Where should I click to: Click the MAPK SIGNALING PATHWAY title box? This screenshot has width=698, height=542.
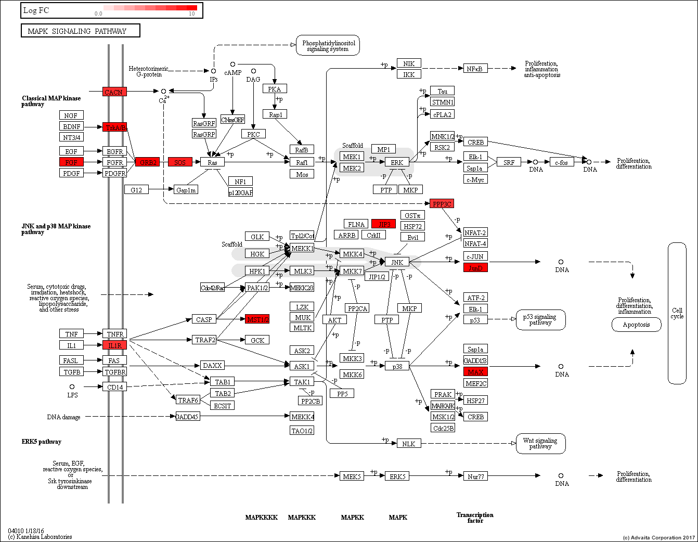click(81, 31)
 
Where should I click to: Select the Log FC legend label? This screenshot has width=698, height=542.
click(36, 10)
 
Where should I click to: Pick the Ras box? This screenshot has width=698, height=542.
click(212, 162)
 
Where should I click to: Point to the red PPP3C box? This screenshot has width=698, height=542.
click(442, 203)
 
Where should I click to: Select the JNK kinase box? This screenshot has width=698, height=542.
click(397, 262)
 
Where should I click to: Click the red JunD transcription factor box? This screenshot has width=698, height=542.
click(475, 267)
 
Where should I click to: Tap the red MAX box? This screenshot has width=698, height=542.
click(475, 371)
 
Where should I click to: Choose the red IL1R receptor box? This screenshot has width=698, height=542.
click(114, 345)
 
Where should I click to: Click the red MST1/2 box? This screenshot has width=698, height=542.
click(257, 319)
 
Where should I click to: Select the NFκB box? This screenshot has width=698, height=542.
click(475, 69)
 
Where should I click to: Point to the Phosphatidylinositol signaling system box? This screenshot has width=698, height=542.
click(328, 46)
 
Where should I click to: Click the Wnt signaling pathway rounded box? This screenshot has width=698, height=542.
click(540, 443)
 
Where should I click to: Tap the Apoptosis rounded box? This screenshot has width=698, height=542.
click(636, 325)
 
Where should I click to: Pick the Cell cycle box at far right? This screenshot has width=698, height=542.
click(677, 313)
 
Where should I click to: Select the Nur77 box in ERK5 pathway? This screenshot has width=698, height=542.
click(475, 476)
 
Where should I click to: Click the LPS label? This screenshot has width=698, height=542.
click(72, 395)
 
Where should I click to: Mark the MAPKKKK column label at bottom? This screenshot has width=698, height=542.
click(261, 517)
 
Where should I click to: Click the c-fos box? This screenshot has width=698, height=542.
click(561, 162)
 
